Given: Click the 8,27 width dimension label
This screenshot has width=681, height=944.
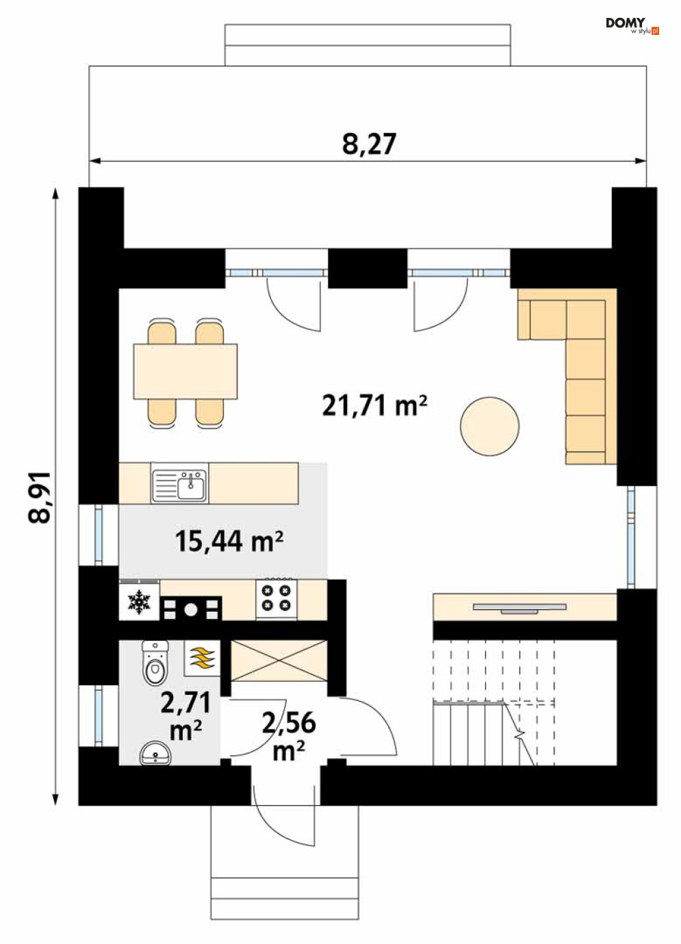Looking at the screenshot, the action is click(369, 144).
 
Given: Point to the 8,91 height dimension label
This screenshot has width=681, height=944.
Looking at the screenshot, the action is click(40, 498).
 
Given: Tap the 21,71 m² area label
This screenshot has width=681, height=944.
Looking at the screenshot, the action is click(374, 405).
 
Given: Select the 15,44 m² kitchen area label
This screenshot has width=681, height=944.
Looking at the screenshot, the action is click(229, 541).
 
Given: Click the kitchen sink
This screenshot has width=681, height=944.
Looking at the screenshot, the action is click(179, 483).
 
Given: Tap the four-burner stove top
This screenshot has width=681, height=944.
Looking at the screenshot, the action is click(277, 599).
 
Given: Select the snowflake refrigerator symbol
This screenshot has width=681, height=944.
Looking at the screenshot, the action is click(140, 601).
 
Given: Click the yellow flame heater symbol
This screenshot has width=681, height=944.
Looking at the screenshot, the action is click(202, 658).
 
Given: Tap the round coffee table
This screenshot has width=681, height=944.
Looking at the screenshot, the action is click(489, 426).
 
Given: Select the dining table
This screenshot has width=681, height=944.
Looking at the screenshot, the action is click(185, 371).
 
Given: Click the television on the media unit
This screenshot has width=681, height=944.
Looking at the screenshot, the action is click(519, 607).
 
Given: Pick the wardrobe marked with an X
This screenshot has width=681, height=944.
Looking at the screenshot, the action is click(279, 661).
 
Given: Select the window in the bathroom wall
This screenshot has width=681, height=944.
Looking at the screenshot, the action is click(98, 716).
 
